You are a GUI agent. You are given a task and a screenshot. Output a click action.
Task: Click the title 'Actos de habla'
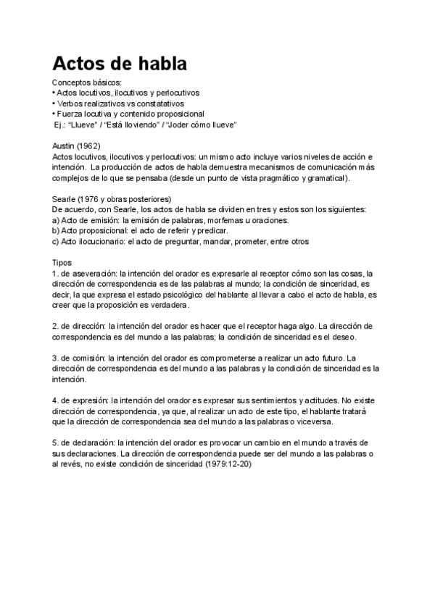pyautogui.click(x=120, y=63)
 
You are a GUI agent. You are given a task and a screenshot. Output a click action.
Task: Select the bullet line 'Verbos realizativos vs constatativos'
pyautogui.click(x=121, y=104)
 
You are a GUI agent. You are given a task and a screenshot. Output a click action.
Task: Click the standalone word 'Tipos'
pyautogui.click(x=63, y=262)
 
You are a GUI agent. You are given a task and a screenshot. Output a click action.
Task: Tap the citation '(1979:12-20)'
pyautogui.click(x=227, y=464)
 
